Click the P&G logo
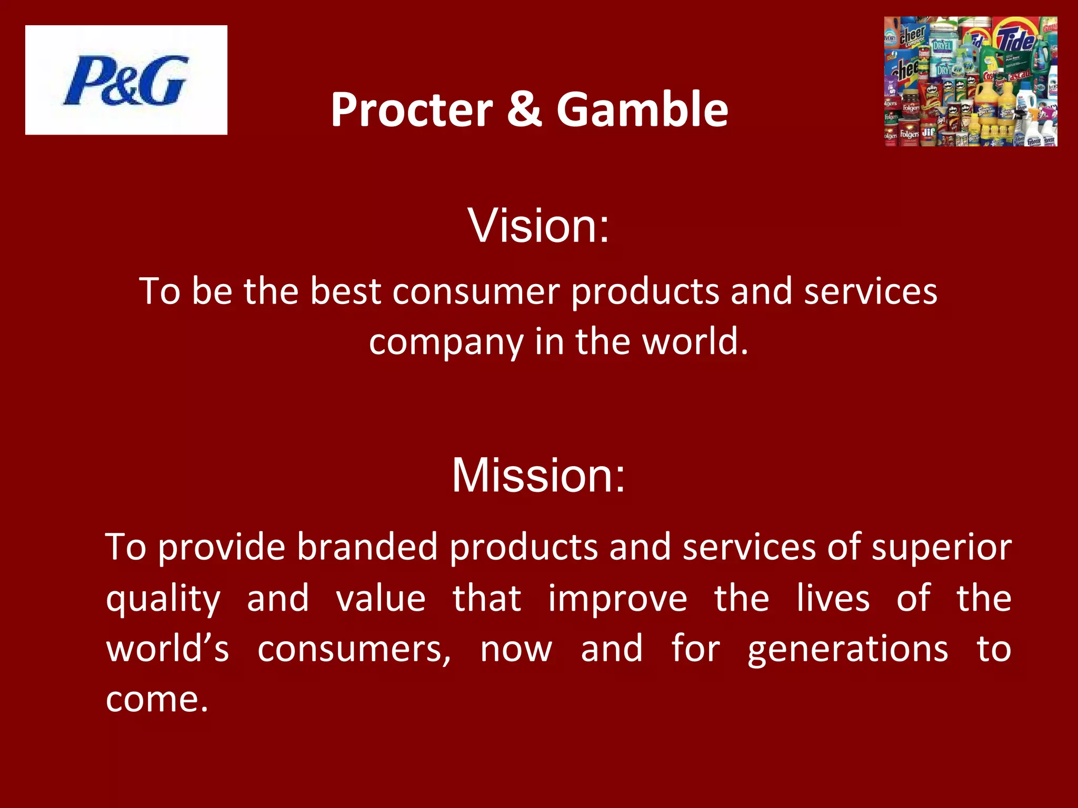(x=126, y=80)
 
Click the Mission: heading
(x=538, y=475)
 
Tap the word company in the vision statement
(x=446, y=342)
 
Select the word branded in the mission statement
(x=367, y=547)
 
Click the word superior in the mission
(x=941, y=547)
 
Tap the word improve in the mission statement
(x=617, y=599)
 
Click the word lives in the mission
(x=833, y=599)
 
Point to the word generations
(x=848, y=650)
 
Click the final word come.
(x=156, y=700)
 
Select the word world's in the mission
(x=167, y=649)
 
